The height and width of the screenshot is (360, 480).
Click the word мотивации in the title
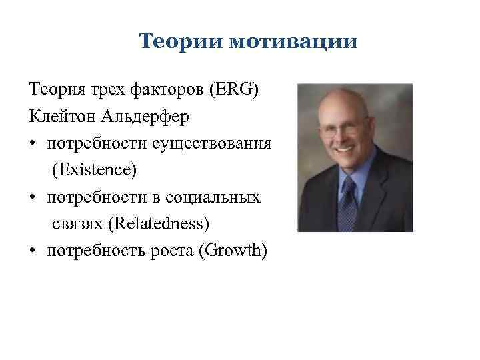coord(293,42)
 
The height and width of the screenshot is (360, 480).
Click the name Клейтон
coord(63,117)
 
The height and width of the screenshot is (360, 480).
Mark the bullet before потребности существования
coord(33,144)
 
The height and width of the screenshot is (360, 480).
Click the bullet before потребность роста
coord(33,251)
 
